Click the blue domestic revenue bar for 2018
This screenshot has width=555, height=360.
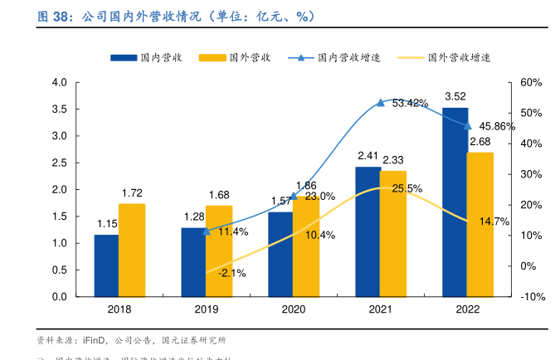point(105,265)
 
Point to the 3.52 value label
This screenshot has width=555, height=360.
point(455,96)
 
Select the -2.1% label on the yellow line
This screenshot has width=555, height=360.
point(231,273)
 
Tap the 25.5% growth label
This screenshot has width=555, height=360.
point(407,188)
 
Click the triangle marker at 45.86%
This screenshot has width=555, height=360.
point(468,125)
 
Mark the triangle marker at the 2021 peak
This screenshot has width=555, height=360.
point(381,103)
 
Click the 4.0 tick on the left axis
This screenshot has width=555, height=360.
point(59,82)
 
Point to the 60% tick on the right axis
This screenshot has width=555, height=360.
point(530,82)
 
